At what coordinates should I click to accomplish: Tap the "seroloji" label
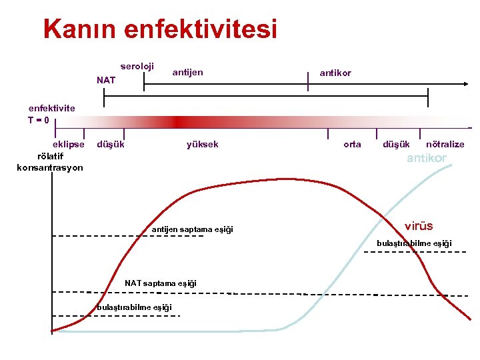click(x=137, y=67)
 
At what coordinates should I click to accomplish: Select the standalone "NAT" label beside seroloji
click(x=105, y=81)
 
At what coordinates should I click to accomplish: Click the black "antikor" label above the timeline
click(x=335, y=73)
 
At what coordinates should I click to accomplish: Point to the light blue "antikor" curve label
click(x=427, y=158)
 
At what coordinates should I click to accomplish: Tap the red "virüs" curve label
click(x=419, y=226)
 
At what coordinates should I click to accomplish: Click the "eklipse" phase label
click(x=69, y=144)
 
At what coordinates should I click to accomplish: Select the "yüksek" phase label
click(x=203, y=144)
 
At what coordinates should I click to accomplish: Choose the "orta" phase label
click(x=352, y=144)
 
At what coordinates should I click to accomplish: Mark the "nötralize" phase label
click(x=445, y=144)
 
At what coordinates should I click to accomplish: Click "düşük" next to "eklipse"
click(x=111, y=144)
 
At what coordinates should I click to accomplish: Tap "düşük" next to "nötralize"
click(x=397, y=144)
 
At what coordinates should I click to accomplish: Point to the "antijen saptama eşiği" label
click(x=193, y=229)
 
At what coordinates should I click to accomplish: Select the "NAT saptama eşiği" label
click(x=161, y=283)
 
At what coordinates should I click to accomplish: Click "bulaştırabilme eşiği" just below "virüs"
click(x=414, y=243)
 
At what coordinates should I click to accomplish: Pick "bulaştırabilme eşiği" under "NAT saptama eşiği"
click(x=135, y=307)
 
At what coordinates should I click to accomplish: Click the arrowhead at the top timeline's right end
click(x=466, y=84)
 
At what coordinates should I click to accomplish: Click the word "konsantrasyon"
click(x=50, y=167)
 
